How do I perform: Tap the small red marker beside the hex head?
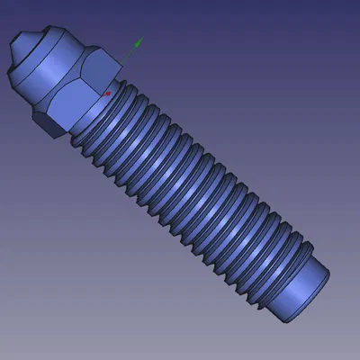click(108, 92)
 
